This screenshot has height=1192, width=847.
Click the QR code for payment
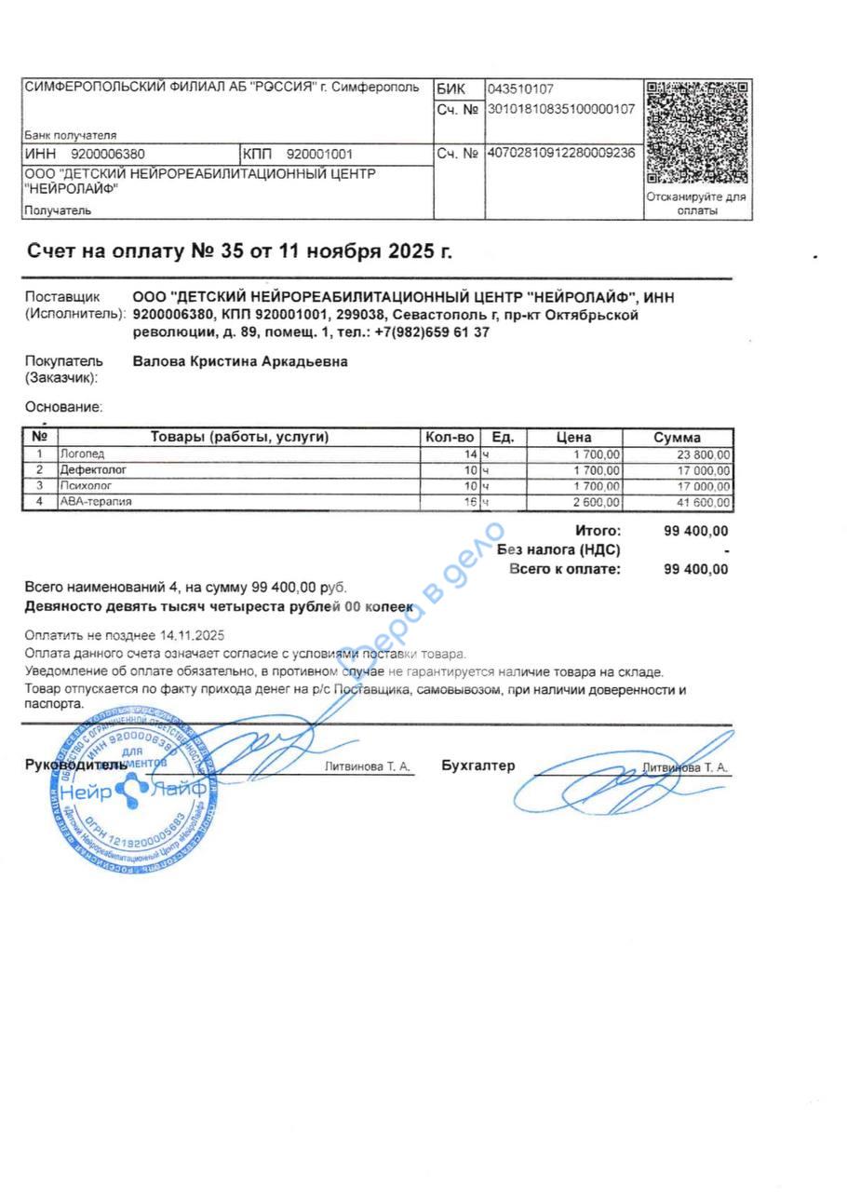tap(697, 133)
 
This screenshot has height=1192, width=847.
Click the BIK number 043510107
tap(520, 89)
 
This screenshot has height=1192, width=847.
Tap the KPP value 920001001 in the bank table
tap(319, 154)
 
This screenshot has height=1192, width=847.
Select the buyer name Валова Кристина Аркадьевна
tap(240, 361)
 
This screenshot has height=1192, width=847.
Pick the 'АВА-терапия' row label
tap(96, 502)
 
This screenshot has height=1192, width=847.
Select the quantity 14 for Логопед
tap(470, 454)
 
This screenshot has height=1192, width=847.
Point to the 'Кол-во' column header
tap(450, 437)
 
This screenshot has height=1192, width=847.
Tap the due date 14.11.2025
tap(193, 635)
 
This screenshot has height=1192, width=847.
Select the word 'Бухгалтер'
tap(478, 765)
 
